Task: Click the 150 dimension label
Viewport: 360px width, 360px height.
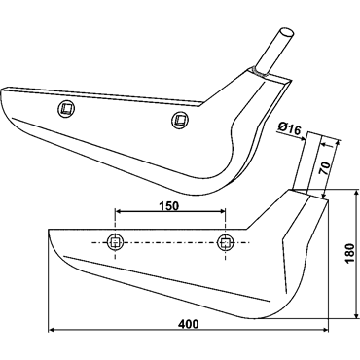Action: (x=168, y=205)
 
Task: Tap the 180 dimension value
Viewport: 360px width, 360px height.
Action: (x=350, y=253)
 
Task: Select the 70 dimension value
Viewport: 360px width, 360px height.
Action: (x=326, y=168)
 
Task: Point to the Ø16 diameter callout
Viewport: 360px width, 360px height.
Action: (x=289, y=129)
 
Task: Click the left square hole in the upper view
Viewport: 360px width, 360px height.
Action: (x=67, y=108)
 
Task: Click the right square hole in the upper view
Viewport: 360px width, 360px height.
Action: (x=180, y=120)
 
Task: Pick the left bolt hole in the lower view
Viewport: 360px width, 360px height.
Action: (x=115, y=242)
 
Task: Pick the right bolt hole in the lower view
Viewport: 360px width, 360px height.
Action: (x=225, y=242)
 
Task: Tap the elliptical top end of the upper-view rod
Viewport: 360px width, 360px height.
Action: (x=286, y=32)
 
